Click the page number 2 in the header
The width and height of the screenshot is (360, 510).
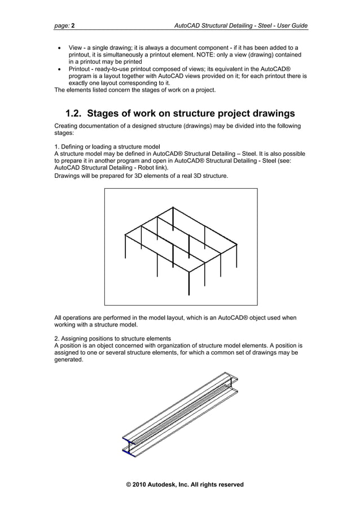coord(73,25)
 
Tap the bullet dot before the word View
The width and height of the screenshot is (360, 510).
coord(60,48)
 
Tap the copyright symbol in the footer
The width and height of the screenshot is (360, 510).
coord(129,485)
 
